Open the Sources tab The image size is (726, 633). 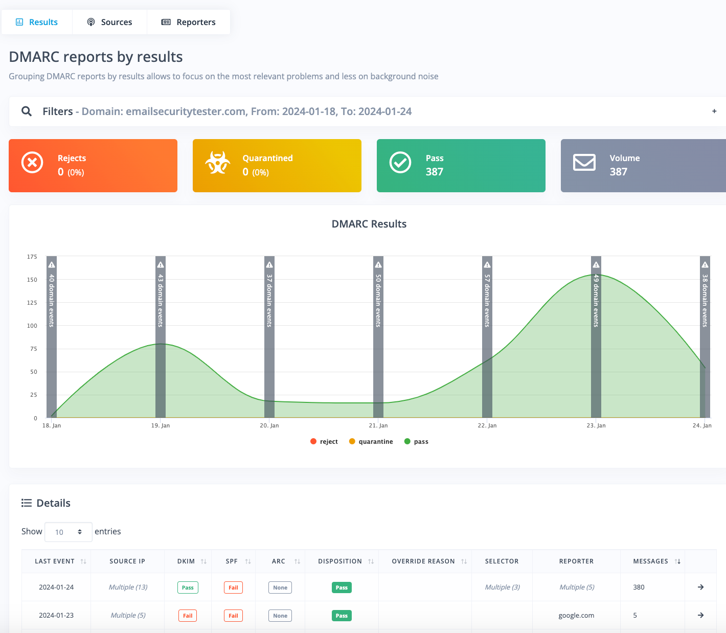click(x=109, y=22)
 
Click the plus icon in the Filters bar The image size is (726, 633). click(x=714, y=111)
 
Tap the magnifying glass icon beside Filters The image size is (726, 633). click(x=27, y=111)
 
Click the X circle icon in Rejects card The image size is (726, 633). click(x=32, y=163)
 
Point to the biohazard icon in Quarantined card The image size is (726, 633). click(x=218, y=163)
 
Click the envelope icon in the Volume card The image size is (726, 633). click(x=584, y=163)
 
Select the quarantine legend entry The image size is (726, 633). click(x=371, y=442)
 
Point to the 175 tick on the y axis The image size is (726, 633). click(x=32, y=257)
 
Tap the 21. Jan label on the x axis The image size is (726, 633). click(x=378, y=425)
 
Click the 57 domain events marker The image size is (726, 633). click(x=487, y=300)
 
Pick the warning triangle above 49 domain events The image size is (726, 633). click(x=596, y=265)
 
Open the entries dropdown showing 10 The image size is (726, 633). click(x=69, y=532)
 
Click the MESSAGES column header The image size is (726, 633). click(x=651, y=561)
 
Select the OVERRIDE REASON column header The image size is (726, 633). click(x=423, y=561)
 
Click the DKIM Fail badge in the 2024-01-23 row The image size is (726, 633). click(x=188, y=616)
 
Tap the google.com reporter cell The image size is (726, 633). click(x=576, y=616)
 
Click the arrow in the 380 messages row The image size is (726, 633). click(x=701, y=587)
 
